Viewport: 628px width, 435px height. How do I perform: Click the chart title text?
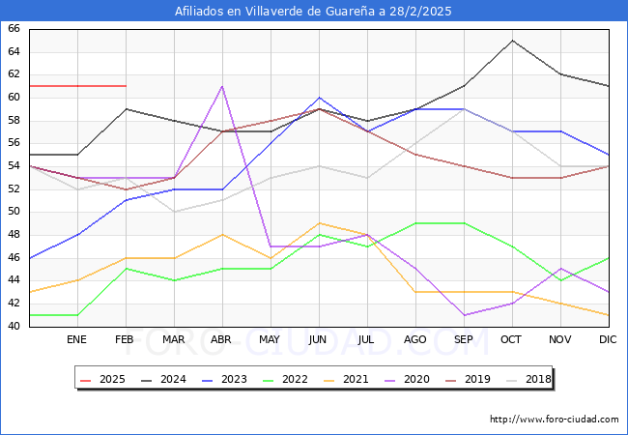(x=313, y=12)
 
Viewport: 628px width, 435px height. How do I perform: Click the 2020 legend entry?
(x=413, y=379)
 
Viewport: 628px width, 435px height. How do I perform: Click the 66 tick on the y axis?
(x=14, y=29)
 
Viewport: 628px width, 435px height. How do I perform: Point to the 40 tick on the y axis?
(x=14, y=327)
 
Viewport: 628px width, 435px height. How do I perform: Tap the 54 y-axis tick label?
(x=14, y=166)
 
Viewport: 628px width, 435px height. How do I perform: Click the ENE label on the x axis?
(x=77, y=340)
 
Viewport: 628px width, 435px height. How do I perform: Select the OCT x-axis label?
(x=512, y=340)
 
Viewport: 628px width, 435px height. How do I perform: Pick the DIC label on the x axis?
(x=608, y=340)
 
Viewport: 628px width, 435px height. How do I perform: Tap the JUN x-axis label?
(x=319, y=340)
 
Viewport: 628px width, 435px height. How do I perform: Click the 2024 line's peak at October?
(x=512, y=41)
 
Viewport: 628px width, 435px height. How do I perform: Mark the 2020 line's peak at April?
(x=222, y=86)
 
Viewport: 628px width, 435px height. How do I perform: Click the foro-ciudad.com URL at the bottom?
(x=554, y=420)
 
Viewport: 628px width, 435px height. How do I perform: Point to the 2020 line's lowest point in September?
(x=464, y=315)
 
